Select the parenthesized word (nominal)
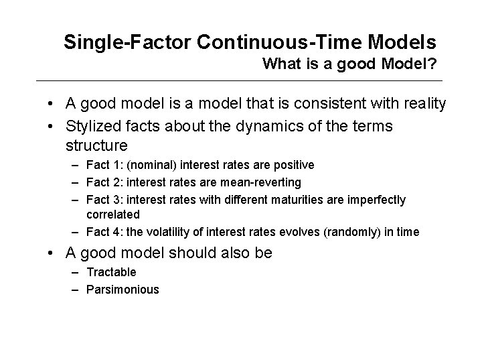tap(152, 165)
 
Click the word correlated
tap(113, 215)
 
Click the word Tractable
tap(112, 272)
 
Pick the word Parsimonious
tap(123, 290)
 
